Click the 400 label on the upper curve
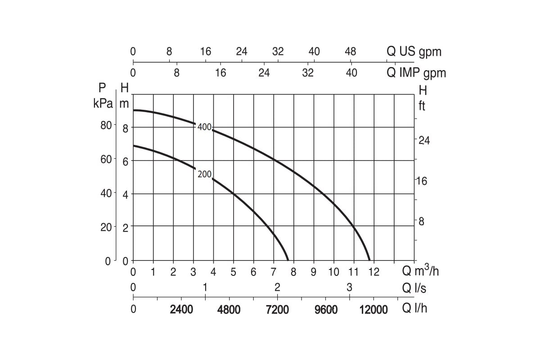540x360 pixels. pos(204,127)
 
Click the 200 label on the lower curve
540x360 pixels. pos(204,175)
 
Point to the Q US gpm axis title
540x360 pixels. pos(414,51)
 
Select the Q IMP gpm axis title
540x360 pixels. pos(416,72)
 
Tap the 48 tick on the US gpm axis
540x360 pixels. pos(350,51)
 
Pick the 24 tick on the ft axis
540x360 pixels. pos(424,140)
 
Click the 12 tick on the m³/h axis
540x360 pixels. pos(374,272)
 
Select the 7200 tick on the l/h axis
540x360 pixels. pos(277,310)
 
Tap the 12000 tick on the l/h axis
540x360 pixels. pos(373,310)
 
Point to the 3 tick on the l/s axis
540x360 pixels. pos(349,287)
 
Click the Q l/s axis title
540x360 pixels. pos(414,288)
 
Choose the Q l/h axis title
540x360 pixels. pos(414,309)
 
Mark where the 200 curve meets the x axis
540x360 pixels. pos(288,260)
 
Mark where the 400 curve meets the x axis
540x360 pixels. pos(370,260)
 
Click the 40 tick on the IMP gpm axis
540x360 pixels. pos(351,72)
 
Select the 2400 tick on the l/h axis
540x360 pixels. pos(181,310)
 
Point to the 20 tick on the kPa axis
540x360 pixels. pos(106,227)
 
